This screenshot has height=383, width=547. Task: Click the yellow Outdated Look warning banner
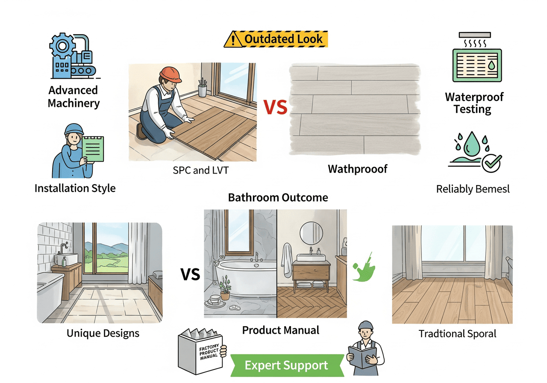[x=276, y=39]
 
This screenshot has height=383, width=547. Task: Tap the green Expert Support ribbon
[x=286, y=365]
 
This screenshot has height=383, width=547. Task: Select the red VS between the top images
[x=275, y=107]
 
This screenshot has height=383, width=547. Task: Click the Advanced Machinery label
[x=74, y=97]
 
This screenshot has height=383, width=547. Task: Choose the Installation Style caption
[x=75, y=188]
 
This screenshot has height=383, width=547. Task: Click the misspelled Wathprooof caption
[x=357, y=169]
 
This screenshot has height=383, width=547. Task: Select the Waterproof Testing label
[x=474, y=103]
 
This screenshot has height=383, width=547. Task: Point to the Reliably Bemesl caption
[x=473, y=189]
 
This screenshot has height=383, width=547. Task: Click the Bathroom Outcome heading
[x=278, y=197]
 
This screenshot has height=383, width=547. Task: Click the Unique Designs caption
[x=103, y=333]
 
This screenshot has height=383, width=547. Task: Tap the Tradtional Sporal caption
[x=457, y=333]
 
